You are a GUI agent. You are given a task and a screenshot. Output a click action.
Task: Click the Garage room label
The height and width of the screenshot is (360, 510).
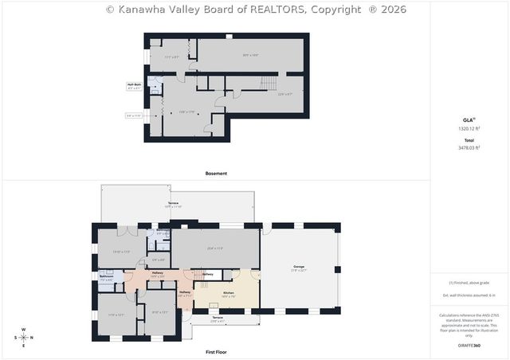point(299,266)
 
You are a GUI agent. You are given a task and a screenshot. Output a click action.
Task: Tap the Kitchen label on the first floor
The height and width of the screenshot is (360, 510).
point(227,293)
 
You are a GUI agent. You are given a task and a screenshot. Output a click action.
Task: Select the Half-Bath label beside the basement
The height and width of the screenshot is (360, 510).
point(133,84)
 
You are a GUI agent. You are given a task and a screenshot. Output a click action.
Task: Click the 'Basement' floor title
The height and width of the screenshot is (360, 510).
point(216,173)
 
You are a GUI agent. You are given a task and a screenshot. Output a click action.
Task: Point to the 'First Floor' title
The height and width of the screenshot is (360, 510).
point(216,351)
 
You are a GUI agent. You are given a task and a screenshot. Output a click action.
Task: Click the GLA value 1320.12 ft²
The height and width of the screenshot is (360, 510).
point(469,128)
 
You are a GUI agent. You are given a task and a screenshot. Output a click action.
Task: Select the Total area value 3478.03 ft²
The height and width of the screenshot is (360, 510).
point(469,147)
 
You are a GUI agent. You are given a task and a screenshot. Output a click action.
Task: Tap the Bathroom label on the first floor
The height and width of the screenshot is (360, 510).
point(107,277)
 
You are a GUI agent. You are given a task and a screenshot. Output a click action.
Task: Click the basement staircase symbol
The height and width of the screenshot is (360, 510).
point(270,82)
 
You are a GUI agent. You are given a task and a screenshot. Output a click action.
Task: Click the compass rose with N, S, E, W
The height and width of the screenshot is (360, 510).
point(23,337)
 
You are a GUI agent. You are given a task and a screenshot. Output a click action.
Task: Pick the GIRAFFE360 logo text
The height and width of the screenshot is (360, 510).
point(469,346)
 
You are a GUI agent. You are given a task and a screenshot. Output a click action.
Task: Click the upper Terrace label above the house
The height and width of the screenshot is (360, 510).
point(173,204)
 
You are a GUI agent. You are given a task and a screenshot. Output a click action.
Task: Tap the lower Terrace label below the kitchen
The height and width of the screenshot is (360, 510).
point(217,319)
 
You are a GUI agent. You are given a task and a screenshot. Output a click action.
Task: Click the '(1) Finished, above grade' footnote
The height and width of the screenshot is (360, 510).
point(469,283)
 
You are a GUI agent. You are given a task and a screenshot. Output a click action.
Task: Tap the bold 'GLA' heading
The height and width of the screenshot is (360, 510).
point(468,119)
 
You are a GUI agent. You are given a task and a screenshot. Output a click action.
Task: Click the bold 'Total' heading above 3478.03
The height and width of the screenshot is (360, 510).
point(469,139)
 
